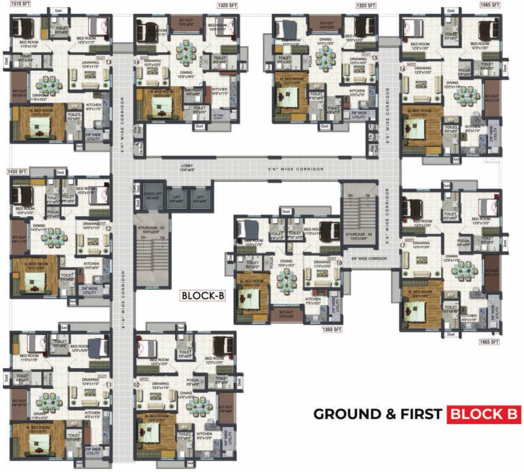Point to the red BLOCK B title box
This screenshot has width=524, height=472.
point(484,414)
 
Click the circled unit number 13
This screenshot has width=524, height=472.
point(109,62)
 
